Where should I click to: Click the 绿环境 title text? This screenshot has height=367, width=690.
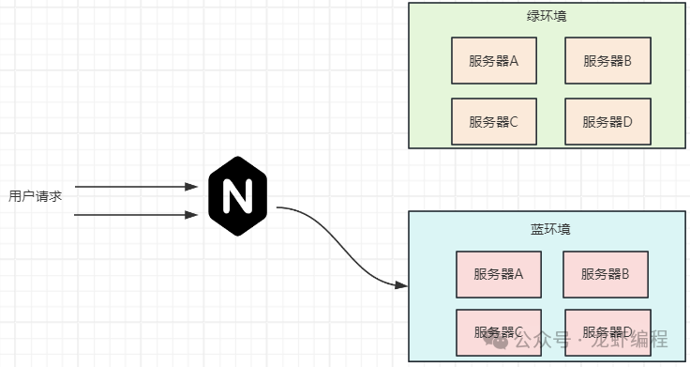tap(547, 17)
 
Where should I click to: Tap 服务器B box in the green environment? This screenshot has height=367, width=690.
tap(607, 61)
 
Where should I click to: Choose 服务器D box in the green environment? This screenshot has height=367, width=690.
tap(607, 121)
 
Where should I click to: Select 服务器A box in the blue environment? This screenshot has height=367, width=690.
tap(498, 274)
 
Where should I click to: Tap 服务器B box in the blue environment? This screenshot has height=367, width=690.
tap(606, 274)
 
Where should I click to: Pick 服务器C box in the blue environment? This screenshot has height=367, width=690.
tap(498, 331)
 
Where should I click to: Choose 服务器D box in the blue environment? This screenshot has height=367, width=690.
tap(606, 331)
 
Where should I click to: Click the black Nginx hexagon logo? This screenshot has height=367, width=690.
tap(237, 197)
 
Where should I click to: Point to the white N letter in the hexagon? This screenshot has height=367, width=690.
tap(237, 197)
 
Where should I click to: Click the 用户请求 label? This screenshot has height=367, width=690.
tap(35, 196)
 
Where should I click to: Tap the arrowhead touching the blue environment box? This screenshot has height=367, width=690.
tap(402, 283)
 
